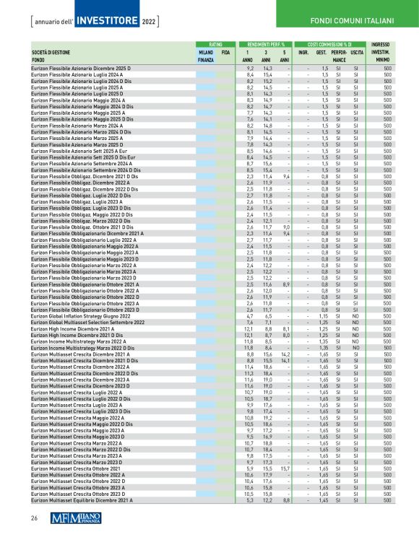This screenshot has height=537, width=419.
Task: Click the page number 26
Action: point(33,518)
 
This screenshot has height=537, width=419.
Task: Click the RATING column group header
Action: point(205,44)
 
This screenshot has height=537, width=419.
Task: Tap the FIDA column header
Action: point(225,53)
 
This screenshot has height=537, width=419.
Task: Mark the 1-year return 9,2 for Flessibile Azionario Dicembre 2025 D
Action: point(250,67)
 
